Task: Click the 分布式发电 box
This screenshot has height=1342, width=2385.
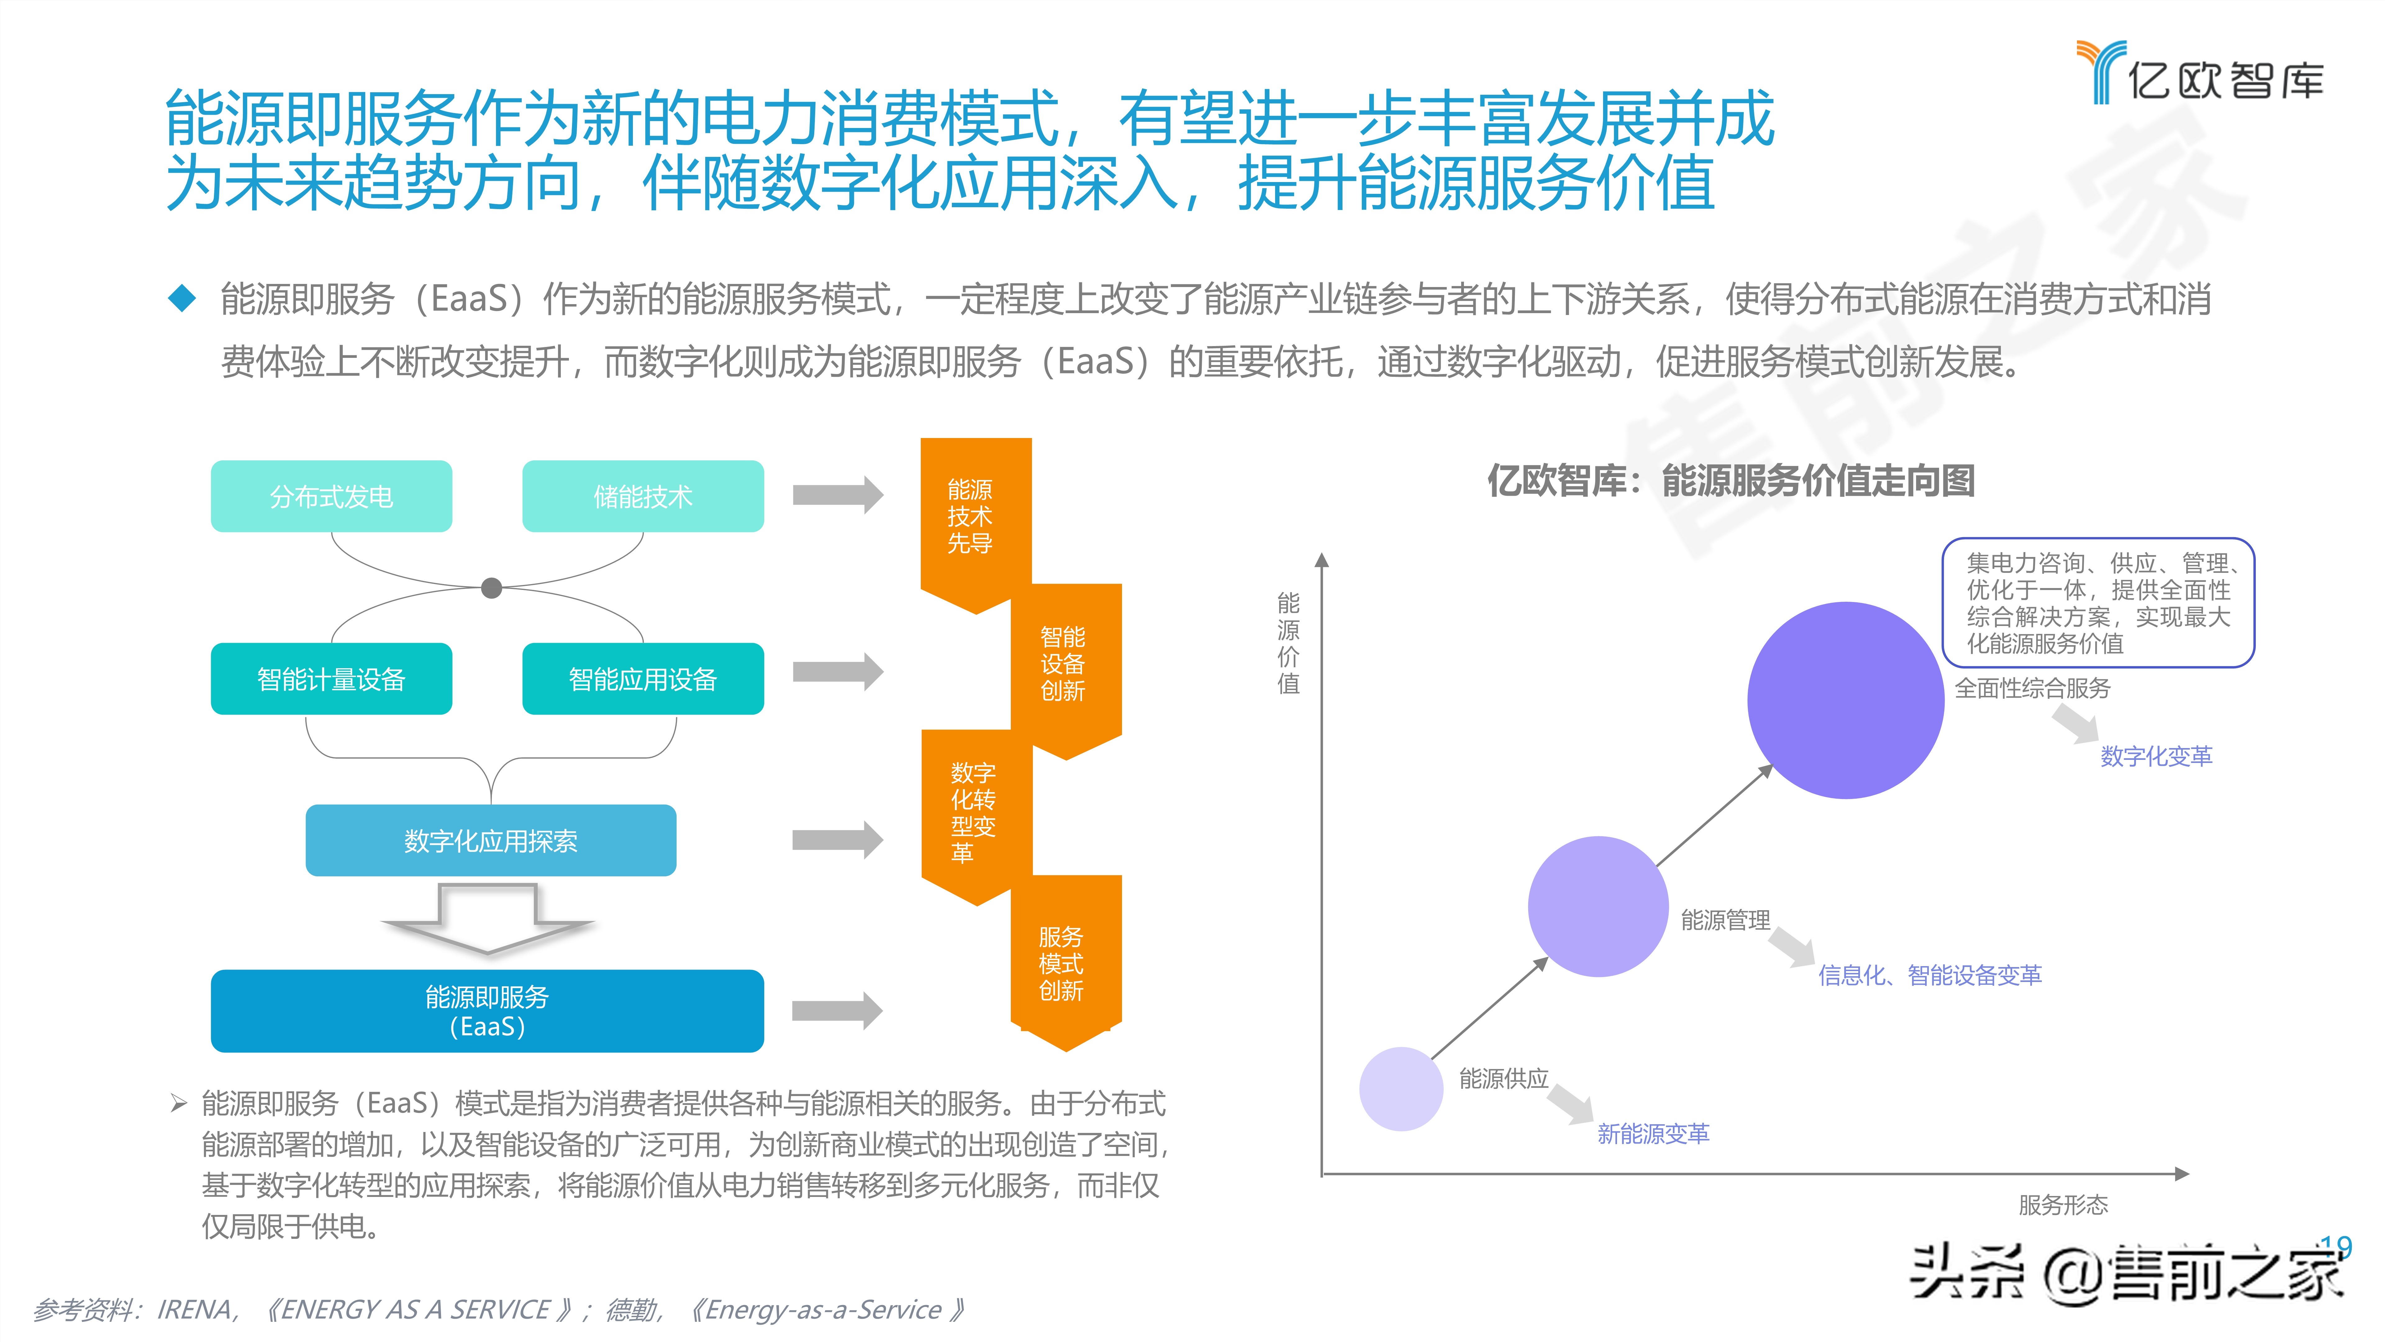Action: (x=331, y=496)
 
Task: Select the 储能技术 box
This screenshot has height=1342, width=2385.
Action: (x=643, y=496)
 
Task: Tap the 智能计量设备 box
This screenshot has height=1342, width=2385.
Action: (x=331, y=679)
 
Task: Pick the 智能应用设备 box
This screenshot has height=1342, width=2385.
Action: (x=643, y=679)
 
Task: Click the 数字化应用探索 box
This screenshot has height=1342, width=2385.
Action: (x=491, y=840)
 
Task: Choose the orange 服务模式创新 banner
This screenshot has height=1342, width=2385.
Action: (x=1065, y=963)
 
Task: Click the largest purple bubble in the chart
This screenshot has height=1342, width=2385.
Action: (x=1845, y=700)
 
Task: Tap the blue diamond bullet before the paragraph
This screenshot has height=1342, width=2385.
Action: (x=181, y=298)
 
